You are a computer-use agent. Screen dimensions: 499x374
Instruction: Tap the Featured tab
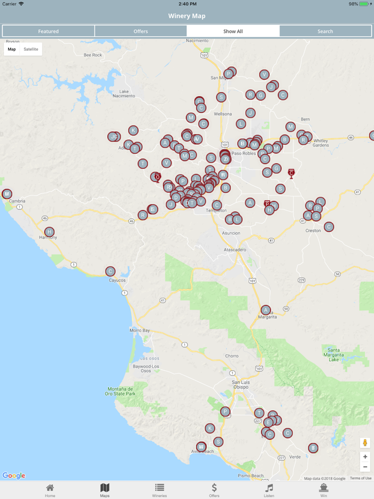click(48, 31)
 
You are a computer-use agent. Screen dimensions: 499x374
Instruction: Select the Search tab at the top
click(325, 31)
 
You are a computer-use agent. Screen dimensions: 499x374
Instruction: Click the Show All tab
click(233, 31)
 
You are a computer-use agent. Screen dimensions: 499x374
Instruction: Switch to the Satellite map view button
click(31, 49)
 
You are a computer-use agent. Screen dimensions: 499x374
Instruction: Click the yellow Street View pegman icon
click(365, 443)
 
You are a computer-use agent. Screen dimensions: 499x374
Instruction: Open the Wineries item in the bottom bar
click(159, 490)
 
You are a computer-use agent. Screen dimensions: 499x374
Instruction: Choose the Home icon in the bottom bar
click(50, 490)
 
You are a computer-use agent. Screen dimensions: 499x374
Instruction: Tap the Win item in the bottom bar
click(323, 490)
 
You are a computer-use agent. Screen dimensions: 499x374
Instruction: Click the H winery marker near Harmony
click(49, 232)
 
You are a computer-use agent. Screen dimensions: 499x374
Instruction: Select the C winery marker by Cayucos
click(110, 271)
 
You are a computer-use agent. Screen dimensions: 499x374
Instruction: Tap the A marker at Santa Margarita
click(266, 310)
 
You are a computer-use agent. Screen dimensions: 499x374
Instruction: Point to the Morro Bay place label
click(139, 331)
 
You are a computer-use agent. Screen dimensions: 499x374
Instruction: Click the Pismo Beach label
click(250, 475)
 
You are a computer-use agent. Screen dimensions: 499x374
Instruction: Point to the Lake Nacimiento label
click(128, 93)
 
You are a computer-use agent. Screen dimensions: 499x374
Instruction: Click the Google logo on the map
click(14, 475)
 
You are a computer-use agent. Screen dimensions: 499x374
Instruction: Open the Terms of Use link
click(361, 478)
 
